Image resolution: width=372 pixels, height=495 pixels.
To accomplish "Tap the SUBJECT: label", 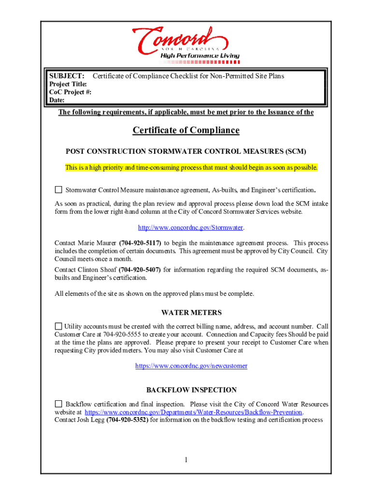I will pos(67,76).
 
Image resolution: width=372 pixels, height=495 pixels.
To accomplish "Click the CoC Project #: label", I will pos(71,92).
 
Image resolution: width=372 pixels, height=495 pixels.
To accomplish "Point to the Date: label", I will pos(57,100).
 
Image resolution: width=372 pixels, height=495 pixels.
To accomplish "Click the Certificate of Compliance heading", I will pos(186,131).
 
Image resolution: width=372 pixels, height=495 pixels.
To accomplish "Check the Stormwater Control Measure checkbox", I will pos(58,189).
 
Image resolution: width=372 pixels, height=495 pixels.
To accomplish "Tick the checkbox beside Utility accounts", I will pos(58,326).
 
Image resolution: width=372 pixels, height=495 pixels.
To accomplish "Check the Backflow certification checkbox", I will pos(58,404).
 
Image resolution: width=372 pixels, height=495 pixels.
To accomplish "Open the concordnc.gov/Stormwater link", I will pos(190,227).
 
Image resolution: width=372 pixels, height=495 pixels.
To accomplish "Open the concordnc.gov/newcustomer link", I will pos(191,366).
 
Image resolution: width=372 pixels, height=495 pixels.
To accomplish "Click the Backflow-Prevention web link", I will pos(193,412).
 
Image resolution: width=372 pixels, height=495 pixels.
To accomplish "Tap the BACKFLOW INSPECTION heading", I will pos(191,390).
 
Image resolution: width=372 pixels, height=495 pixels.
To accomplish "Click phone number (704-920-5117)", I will pos(140,243).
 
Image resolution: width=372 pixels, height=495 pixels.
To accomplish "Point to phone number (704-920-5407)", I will pos(140,270).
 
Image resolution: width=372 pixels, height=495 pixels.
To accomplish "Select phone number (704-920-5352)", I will pos(127,420).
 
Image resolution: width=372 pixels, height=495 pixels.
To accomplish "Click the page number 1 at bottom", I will pos(186,459).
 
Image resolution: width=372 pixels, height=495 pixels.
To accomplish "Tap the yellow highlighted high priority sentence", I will pos(192,168).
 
